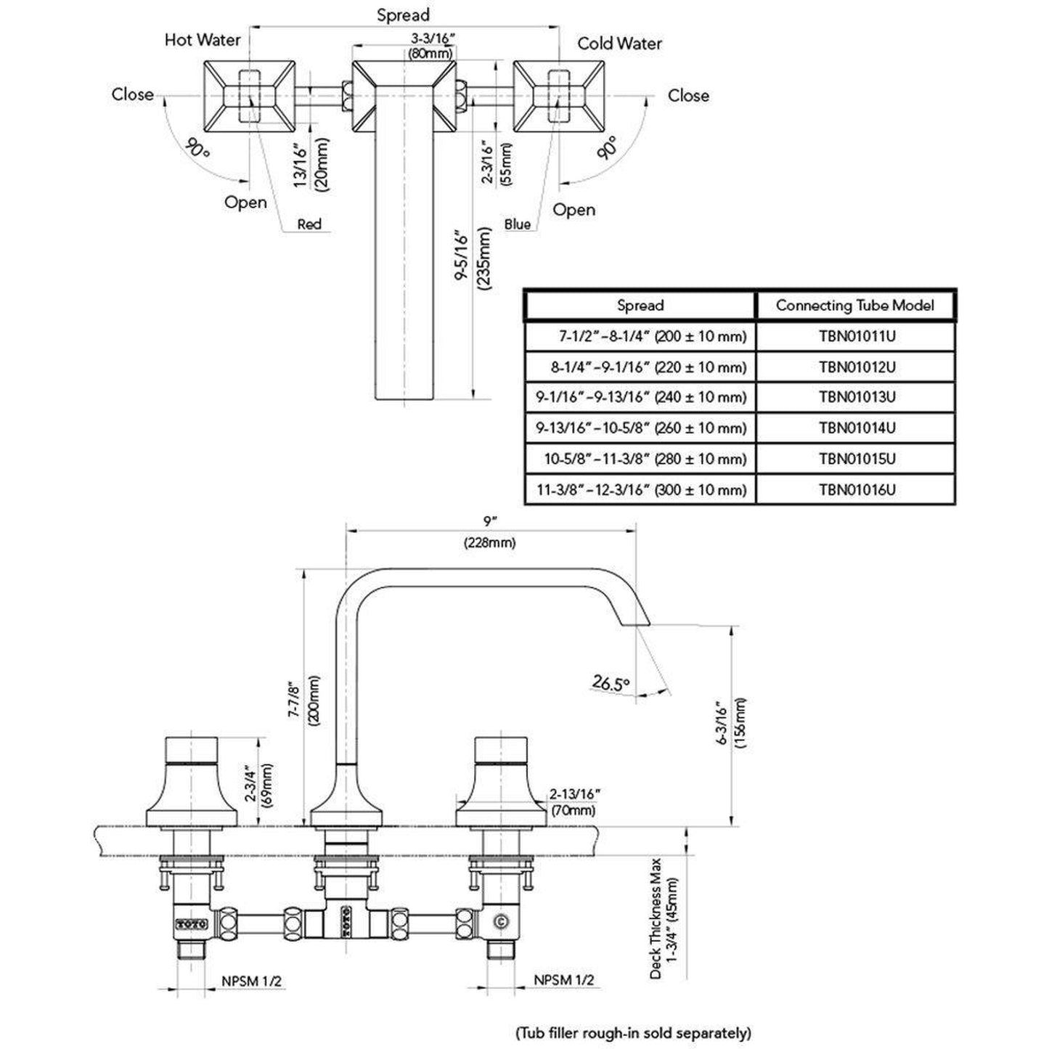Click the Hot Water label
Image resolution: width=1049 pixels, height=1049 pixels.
tap(202, 39)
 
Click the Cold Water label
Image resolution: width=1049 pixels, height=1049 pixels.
tap(619, 44)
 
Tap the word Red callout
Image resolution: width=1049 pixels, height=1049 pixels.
tap(309, 224)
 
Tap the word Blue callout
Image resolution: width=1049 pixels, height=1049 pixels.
tap(517, 224)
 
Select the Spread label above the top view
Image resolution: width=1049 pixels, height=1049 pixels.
tap(403, 15)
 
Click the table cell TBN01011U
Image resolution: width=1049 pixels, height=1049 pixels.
tap(857, 336)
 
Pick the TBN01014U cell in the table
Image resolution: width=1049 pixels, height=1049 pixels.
tap(857, 428)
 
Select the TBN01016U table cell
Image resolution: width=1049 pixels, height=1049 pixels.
tap(857, 489)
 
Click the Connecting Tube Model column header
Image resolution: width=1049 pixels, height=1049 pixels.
tap(855, 305)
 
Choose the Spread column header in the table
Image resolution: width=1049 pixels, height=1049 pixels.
tap(640, 305)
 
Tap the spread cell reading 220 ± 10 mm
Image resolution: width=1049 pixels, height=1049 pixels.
tap(648, 367)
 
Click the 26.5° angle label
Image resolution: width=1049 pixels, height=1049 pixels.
tap(611, 682)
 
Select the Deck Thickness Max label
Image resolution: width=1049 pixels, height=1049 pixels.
tap(664, 918)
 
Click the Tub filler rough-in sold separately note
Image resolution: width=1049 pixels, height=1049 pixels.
tap(633, 1032)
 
